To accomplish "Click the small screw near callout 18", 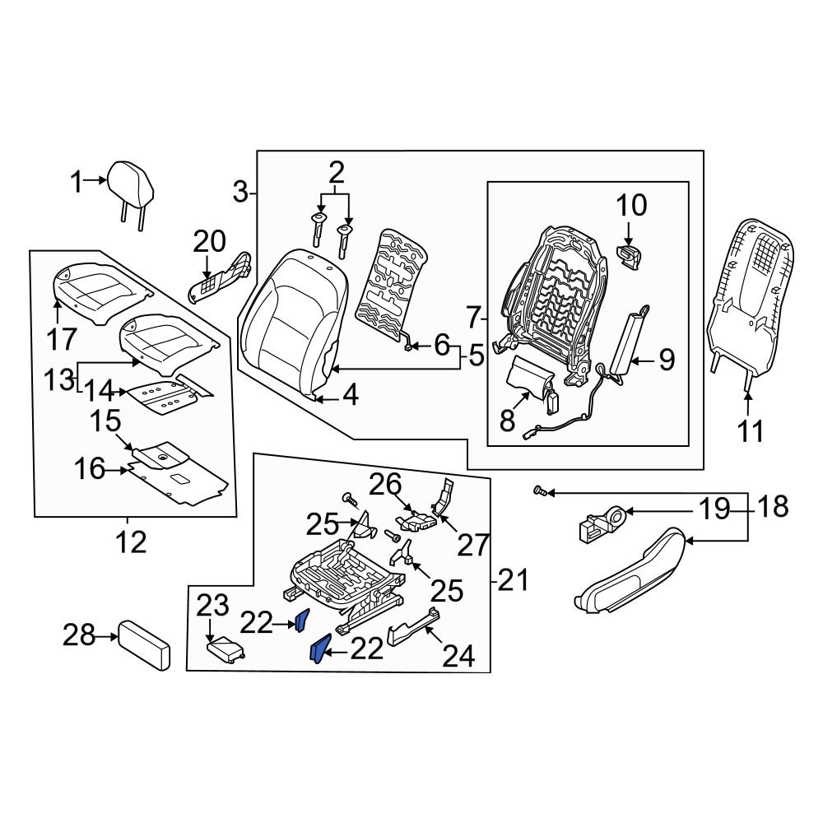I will (x=539, y=491).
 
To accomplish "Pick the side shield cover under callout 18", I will (x=630, y=572).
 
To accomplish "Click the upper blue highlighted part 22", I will (x=302, y=620).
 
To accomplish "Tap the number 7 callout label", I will (x=473, y=316).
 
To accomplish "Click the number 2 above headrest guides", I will (x=337, y=172).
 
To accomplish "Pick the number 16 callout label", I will (x=91, y=469).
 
